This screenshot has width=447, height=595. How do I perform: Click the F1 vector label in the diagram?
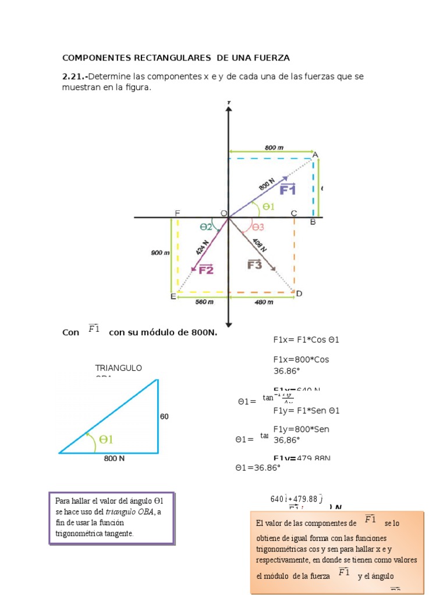click(288, 189)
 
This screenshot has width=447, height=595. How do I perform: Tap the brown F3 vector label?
click(255, 264)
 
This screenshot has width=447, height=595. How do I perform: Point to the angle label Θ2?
click(206, 227)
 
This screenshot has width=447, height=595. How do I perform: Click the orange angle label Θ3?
click(258, 227)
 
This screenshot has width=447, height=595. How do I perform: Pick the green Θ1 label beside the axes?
click(268, 206)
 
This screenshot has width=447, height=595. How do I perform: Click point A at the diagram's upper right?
click(315, 155)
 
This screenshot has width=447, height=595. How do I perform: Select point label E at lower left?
click(173, 297)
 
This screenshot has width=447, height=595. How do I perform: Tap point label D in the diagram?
click(299, 294)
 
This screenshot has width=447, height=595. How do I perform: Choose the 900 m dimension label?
click(160, 253)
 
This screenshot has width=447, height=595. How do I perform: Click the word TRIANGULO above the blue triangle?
click(119, 368)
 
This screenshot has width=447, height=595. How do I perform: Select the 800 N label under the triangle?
click(115, 458)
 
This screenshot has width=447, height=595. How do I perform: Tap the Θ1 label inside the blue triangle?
click(106, 440)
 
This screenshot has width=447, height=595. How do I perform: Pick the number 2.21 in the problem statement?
click(73, 77)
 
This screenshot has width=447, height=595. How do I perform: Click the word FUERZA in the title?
click(269, 58)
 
